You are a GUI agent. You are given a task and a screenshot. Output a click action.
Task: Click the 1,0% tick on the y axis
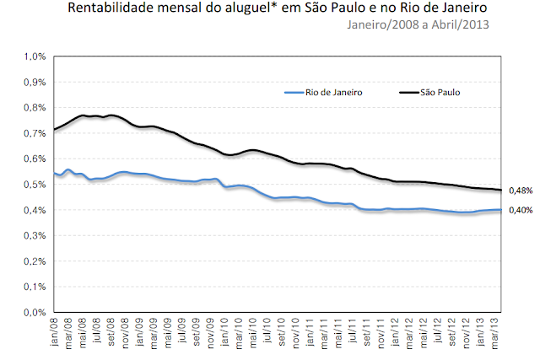pos(36,57)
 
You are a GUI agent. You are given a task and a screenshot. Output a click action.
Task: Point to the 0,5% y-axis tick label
pos(36,185)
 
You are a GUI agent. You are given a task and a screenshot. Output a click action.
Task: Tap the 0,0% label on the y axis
pos(36,313)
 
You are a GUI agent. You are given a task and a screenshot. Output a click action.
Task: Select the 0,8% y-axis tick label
pos(36,108)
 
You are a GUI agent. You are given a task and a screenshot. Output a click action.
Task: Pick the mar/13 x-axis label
pos(494,331)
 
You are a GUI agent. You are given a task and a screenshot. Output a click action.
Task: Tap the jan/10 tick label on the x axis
pos(224,331)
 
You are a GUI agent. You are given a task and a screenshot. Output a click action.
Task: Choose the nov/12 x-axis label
pos(467,331)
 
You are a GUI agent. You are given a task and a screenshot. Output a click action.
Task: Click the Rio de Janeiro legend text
pos(334,91)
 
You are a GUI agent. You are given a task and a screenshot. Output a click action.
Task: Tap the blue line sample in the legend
pos(292,91)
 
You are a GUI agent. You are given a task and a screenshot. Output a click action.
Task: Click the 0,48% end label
pos(521,191)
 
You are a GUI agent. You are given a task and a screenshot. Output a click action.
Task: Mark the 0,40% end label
pos(521,211)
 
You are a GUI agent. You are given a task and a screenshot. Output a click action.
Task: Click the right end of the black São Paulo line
pos(501,191)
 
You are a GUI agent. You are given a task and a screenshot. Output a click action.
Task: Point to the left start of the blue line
pos(54,174)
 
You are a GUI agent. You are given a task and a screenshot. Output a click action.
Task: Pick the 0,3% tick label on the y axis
pos(36,236)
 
